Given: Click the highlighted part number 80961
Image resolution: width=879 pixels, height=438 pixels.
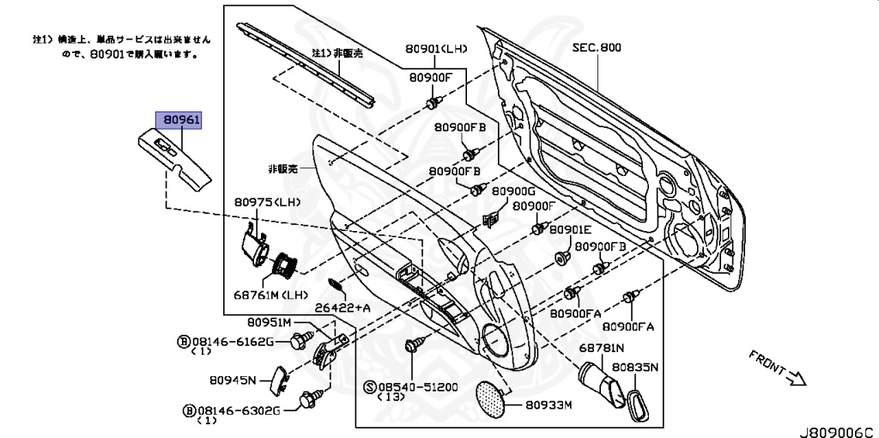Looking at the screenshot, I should [177, 120].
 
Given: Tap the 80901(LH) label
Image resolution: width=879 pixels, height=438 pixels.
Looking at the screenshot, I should [436, 49].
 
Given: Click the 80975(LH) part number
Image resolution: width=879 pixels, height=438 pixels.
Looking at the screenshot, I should [268, 203].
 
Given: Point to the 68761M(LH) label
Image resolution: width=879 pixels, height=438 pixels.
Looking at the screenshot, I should [270, 295].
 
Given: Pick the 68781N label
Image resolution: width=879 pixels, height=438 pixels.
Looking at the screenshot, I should [601, 348].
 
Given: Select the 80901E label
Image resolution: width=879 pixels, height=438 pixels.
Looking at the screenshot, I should [571, 230].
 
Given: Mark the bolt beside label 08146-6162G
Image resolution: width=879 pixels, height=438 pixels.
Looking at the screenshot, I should [297, 342].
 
